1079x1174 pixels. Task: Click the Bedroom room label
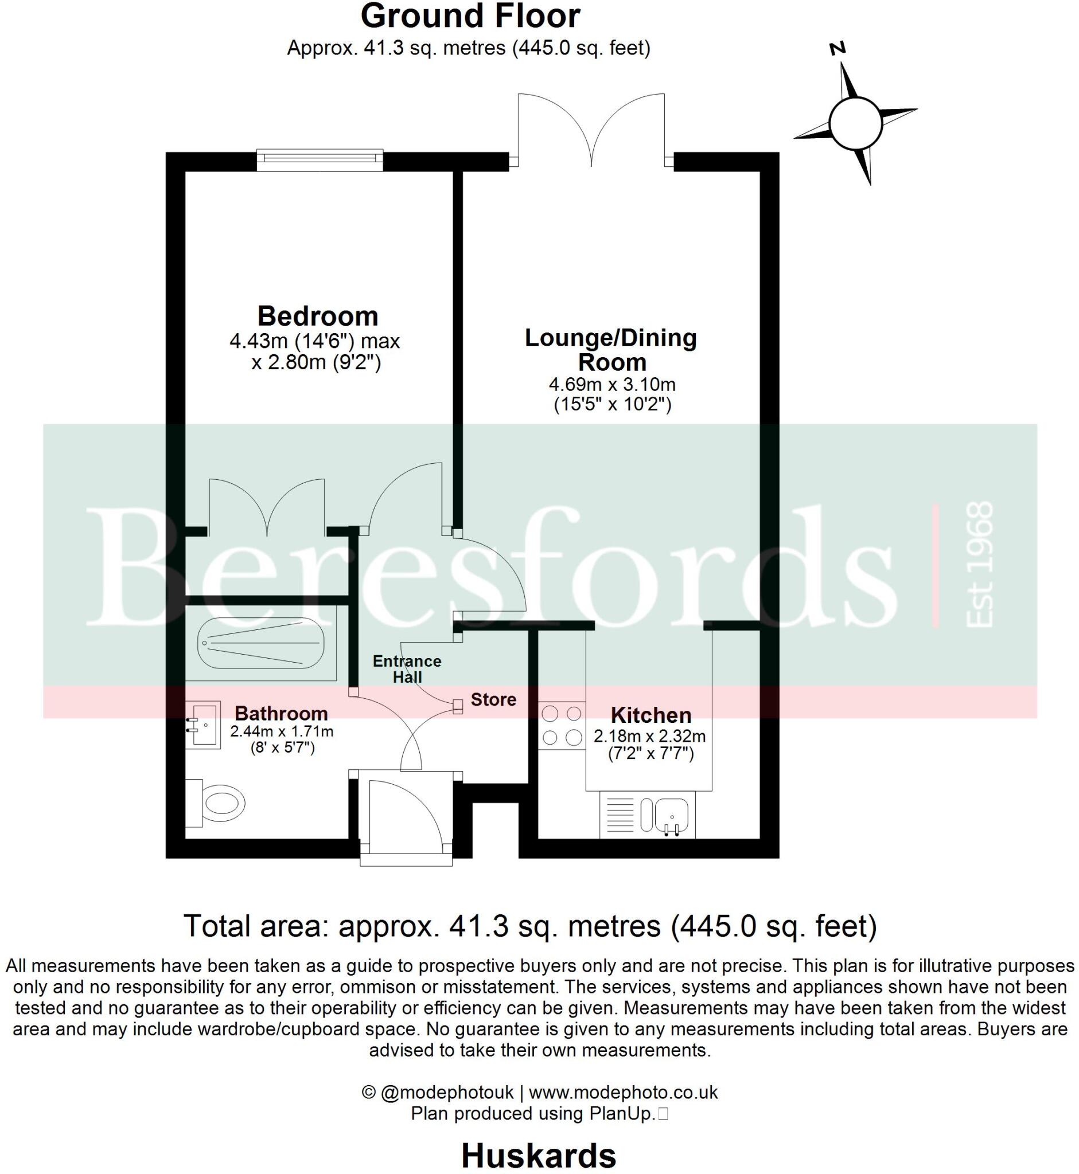(318, 316)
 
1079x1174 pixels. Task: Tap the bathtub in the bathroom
(260, 643)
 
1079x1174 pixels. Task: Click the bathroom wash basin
(202, 725)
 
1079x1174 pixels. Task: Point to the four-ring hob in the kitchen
(562, 725)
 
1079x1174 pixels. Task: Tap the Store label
(493, 699)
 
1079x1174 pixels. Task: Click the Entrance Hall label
(407, 669)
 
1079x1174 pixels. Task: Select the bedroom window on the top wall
(320, 159)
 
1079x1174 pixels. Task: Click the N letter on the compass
(839, 48)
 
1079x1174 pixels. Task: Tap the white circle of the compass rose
(855, 124)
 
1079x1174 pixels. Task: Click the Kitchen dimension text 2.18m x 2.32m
(649, 737)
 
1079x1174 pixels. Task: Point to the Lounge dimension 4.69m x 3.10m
(612, 385)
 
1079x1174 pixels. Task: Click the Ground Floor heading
(470, 17)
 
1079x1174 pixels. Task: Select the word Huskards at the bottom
(538, 1155)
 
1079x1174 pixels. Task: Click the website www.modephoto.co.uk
(623, 1092)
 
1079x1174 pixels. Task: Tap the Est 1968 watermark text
(979, 565)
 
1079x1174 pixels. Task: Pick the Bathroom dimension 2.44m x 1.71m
(282, 731)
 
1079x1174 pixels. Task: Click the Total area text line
(530, 926)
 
